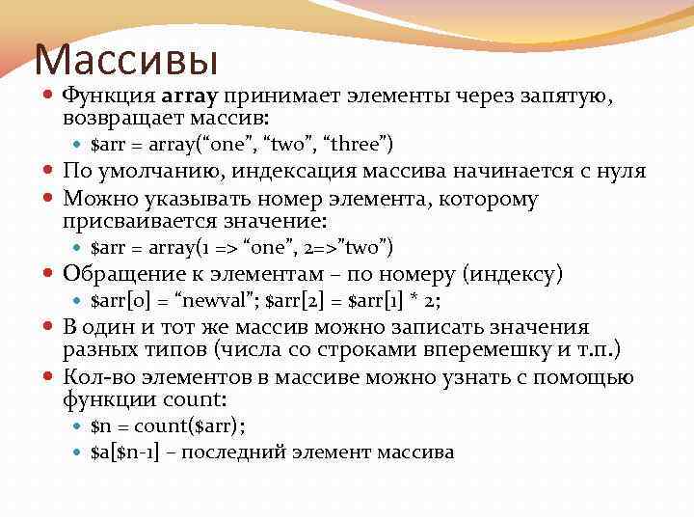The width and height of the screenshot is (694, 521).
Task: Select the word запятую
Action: tap(568, 96)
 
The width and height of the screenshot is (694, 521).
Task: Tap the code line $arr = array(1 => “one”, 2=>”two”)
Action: tap(242, 248)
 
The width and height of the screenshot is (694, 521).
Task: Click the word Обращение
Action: tap(133, 275)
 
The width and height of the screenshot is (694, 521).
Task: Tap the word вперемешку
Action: tap(489, 349)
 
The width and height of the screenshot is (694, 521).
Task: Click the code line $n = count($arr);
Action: tap(168, 425)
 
